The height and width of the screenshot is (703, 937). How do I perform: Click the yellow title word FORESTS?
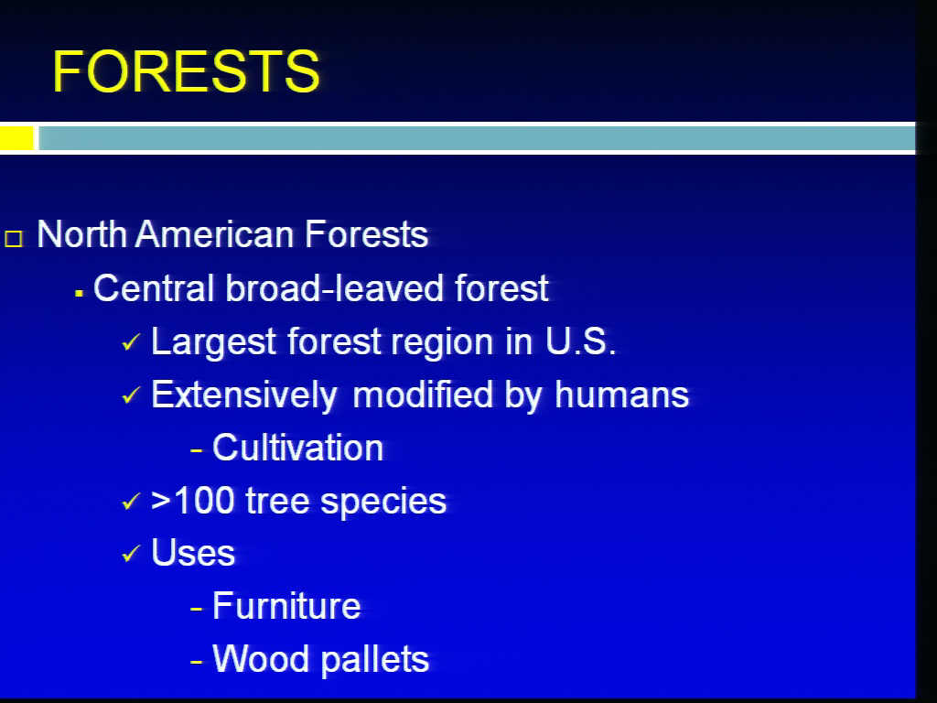pos(187,71)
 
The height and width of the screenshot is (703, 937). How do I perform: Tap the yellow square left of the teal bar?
pos(16,138)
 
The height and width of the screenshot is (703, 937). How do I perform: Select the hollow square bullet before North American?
pos(14,239)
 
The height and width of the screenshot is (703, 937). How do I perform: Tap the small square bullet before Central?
pos(79,293)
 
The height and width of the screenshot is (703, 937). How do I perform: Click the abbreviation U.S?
pos(580,341)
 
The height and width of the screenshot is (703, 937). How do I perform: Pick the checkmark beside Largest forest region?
pos(130,342)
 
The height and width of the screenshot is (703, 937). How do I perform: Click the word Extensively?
pos(244,395)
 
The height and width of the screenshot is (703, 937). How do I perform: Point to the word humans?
pos(621,395)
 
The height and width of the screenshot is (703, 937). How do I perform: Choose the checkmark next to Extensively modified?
pos(130,395)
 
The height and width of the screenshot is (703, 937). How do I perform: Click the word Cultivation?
pos(297,448)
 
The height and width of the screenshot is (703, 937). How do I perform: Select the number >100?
pos(192,501)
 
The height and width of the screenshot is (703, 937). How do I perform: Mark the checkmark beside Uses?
pos(130,554)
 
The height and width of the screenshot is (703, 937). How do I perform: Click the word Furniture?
pos(286,606)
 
